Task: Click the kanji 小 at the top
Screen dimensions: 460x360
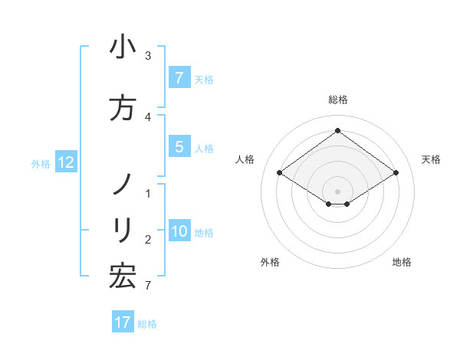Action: pos(123,47)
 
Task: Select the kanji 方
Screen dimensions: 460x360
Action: pos(123,108)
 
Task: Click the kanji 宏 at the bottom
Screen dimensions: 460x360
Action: pos(123,277)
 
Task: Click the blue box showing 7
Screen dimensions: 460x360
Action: pos(179,77)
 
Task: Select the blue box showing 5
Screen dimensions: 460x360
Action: pos(179,146)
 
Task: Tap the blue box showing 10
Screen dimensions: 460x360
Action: pos(179,231)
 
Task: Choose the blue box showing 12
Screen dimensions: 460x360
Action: pos(65,162)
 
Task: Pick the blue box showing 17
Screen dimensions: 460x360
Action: pos(123,322)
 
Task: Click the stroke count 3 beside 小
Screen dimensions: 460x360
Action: pos(148,56)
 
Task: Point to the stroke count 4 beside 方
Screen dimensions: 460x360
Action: pos(148,117)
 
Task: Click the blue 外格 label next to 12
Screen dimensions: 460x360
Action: pos(41,163)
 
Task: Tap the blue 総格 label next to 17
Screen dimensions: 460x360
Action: pos(147,324)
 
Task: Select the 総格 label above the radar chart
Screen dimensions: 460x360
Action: pos(337,100)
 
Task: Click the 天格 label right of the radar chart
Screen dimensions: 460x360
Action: pos(431,159)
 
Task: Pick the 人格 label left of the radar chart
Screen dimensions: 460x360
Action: pos(245,159)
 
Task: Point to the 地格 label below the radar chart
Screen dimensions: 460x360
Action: pos(402,262)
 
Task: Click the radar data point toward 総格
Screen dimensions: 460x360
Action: pos(337,131)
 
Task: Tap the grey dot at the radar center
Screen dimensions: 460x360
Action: pos(337,191)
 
